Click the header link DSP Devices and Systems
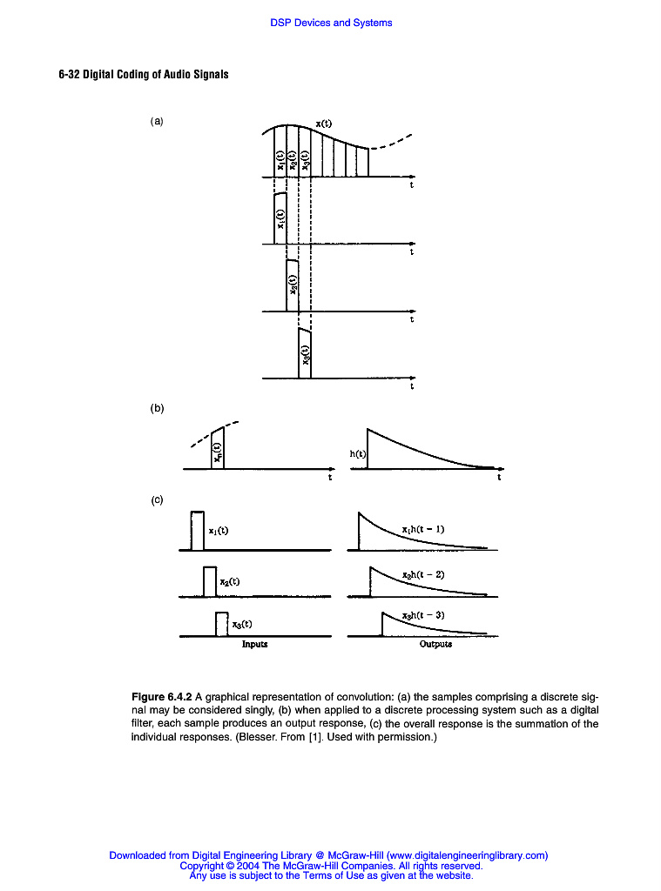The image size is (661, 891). (x=331, y=23)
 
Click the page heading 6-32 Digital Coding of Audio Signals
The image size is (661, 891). (x=144, y=74)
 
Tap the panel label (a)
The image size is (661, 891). (x=157, y=122)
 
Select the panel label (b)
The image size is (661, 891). (x=157, y=408)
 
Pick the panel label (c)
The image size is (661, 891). (x=157, y=500)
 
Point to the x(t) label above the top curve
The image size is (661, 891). (x=323, y=124)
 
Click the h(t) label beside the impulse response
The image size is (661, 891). (x=357, y=453)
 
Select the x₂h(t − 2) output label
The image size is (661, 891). (x=423, y=575)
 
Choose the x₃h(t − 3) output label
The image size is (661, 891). (x=423, y=615)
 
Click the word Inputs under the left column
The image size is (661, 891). (x=254, y=645)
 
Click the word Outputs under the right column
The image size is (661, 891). (x=435, y=645)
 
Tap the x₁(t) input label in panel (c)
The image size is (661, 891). (x=218, y=530)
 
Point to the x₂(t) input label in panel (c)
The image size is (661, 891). (x=230, y=582)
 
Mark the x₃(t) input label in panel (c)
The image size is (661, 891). (x=242, y=623)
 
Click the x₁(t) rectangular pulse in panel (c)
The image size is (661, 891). (x=198, y=531)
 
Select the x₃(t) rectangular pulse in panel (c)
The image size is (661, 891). (x=222, y=624)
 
